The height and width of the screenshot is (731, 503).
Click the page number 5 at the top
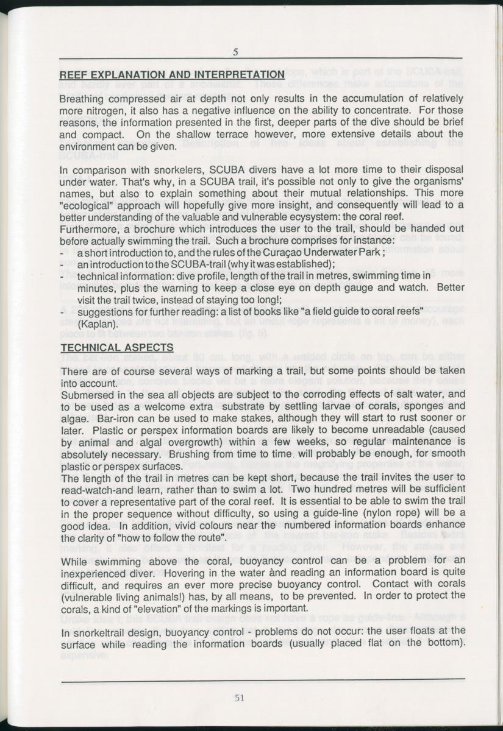[235, 52]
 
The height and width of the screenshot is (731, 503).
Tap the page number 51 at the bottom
[240, 698]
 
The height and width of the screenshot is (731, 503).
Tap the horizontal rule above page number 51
[262, 678]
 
